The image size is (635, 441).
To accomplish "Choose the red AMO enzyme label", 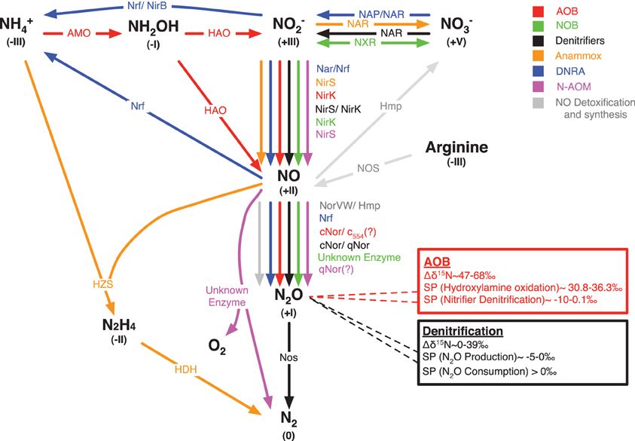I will coord(79,35).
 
